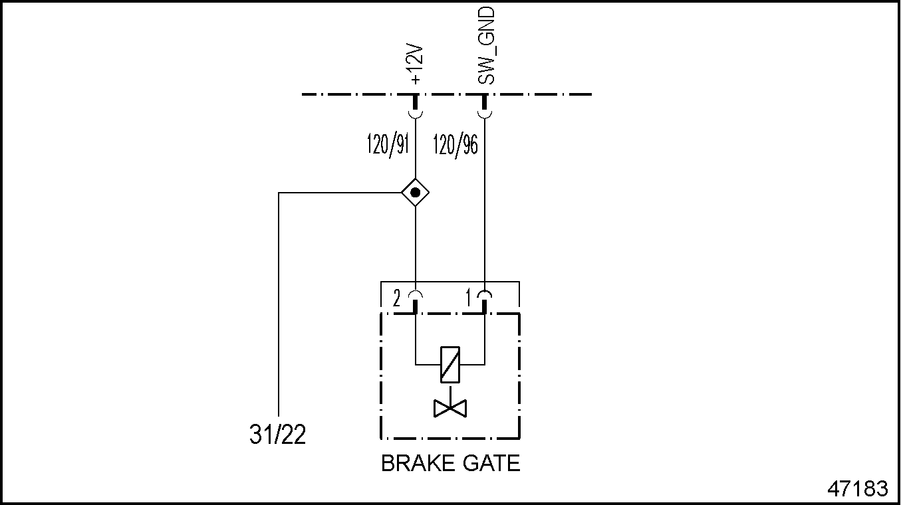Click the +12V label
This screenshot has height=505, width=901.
coord(417,65)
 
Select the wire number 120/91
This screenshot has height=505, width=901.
coord(387,145)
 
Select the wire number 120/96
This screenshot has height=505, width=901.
coord(455,145)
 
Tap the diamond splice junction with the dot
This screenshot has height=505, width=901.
coord(416,193)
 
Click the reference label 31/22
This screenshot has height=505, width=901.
coord(278,435)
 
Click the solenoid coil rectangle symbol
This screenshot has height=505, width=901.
coord(450,365)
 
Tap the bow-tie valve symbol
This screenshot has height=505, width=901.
coord(450,407)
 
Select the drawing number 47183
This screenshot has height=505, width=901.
coord(857,489)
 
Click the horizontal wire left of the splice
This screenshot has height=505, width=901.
coord(339,193)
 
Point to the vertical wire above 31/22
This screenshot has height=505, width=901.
coord(279,306)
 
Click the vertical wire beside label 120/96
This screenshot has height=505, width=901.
coord(485,199)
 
